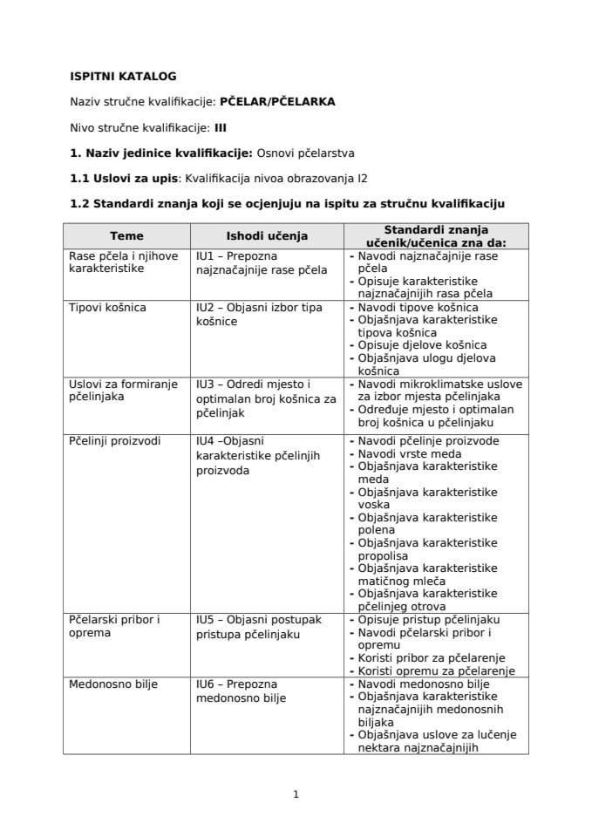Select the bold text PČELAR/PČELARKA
[277, 102]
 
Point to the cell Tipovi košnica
[107, 308]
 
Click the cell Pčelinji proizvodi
[114, 441]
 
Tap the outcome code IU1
[205, 256]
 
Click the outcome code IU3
[205, 384]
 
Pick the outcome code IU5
[205, 620]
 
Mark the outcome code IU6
[205, 684]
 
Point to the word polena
[376, 530]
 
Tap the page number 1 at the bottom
[296, 794]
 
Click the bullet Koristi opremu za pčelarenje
[431, 670]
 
